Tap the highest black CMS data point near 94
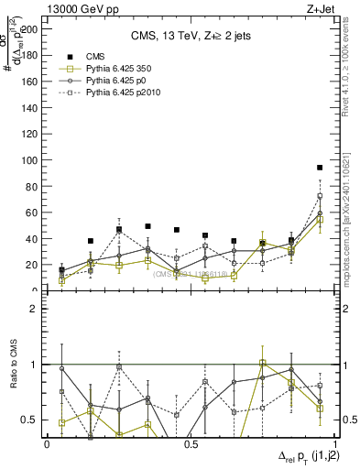(x=320, y=168)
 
